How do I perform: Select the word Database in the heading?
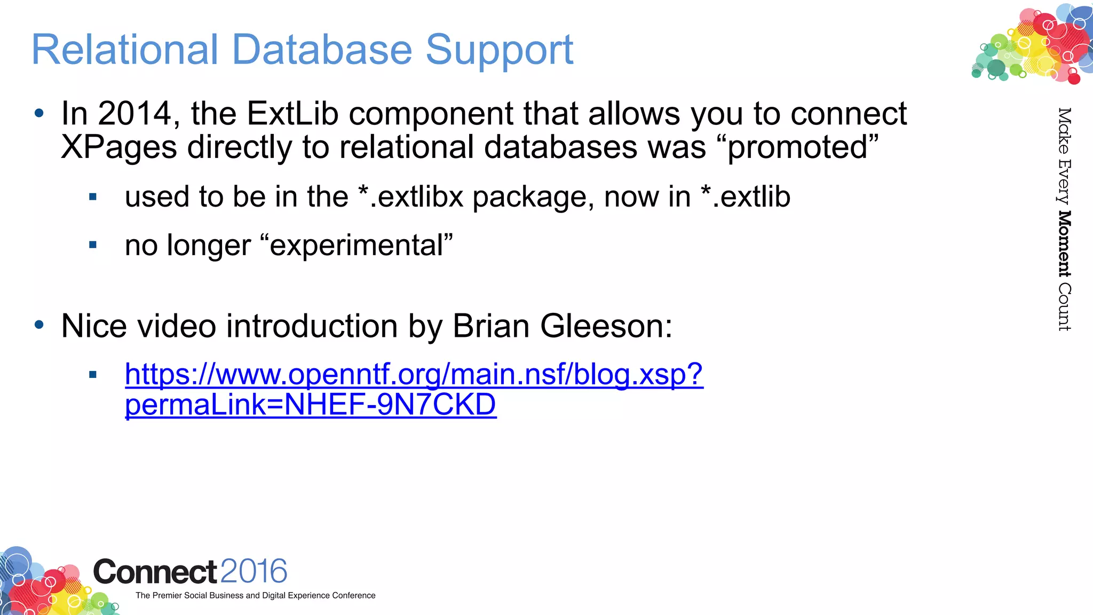pyautogui.click(x=322, y=50)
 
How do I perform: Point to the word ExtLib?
pyautogui.click(x=292, y=114)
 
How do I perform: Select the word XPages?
pyautogui.click(x=118, y=147)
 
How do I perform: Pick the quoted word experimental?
pyautogui.click(x=357, y=246)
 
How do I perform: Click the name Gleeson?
pyautogui.click(x=606, y=326)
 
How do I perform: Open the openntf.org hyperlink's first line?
pyautogui.click(x=414, y=374)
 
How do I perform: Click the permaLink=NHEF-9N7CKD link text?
pyautogui.click(x=310, y=405)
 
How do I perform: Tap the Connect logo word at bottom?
pyautogui.click(x=155, y=572)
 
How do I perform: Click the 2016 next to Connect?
pyautogui.click(x=254, y=571)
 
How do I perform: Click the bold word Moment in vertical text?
pyautogui.click(x=1064, y=244)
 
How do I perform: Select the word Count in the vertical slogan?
pyautogui.click(x=1064, y=307)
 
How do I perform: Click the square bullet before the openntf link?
pyautogui.click(x=93, y=375)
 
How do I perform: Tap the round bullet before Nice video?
pyautogui.click(x=39, y=325)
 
